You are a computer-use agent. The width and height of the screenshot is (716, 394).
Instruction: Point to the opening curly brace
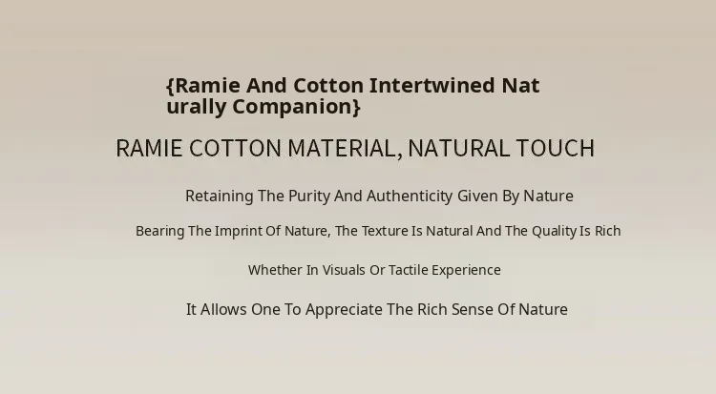coord(170,86)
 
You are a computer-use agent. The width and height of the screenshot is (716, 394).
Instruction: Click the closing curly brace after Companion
coord(357,107)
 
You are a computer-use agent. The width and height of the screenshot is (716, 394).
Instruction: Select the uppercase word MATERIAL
coord(346,149)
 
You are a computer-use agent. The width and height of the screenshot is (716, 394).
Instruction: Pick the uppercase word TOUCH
coord(556,149)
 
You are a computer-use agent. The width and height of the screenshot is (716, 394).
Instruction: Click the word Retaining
coord(220,197)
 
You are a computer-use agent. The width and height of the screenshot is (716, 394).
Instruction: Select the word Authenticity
coord(410,197)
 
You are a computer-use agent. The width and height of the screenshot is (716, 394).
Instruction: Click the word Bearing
coord(159,231)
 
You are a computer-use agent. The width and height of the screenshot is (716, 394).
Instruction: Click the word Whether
coord(275,270)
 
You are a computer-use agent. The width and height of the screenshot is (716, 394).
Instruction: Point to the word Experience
coord(466,270)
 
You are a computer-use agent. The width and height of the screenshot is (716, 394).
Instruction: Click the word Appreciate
coord(344,310)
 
